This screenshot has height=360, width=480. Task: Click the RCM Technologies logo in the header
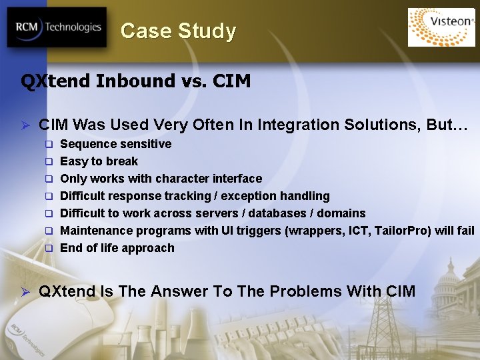click(x=57, y=27)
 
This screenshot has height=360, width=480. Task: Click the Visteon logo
click(x=441, y=27)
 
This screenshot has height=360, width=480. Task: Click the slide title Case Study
click(x=178, y=31)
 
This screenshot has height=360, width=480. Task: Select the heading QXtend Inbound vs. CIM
click(x=136, y=81)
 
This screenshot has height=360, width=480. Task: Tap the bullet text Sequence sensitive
click(x=115, y=144)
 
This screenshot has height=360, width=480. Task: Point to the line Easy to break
click(x=99, y=161)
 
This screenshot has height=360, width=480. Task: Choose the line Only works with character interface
click(x=161, y=179)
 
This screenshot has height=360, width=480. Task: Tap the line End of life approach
click(x=117, y=248)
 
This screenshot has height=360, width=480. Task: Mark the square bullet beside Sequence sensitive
click(x=49, y=145)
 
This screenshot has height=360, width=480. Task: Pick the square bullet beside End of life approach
click(x=49, y=249)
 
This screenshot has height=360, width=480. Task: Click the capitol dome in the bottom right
click(x=448, y=273)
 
